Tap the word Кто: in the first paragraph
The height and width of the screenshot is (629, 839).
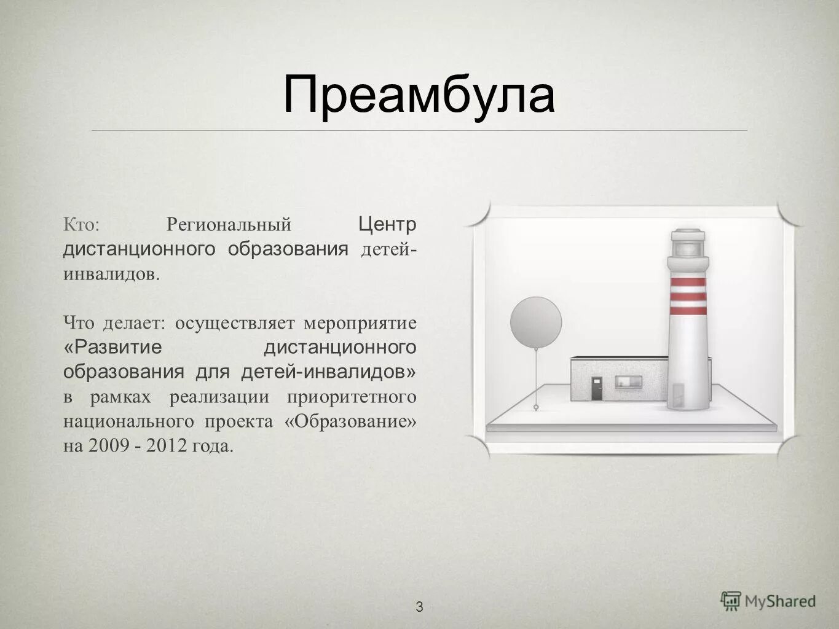pyautogui.click(x=81, y=225)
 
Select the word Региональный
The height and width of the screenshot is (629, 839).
pyautogui.click(x=229, y=225)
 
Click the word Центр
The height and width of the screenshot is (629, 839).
pyautogui.click(x=387, y=224)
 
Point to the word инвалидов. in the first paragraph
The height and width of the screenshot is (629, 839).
pyautogui.click(x=111, y=274)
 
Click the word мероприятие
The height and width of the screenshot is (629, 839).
pyautogui.click(x=360, y=323)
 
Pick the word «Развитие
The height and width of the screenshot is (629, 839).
pyautogui.click(x=112, y=347)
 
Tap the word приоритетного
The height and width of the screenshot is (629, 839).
pyautogui.click(x=352, y=397)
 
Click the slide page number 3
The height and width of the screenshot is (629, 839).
pyautogui.click(x=419, y=608)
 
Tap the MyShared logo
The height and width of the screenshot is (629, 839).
pyautogui.click(x=768, y=601)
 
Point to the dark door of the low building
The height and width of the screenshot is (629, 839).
pyautogui.click(x=596, y=388)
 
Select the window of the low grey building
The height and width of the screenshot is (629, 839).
pyautogui.click(x=630, y=381)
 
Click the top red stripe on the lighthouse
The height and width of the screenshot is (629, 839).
pyautogui.click(x=688, y=282)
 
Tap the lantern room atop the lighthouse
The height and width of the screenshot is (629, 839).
pyautogui.click(x=688, y=244)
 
